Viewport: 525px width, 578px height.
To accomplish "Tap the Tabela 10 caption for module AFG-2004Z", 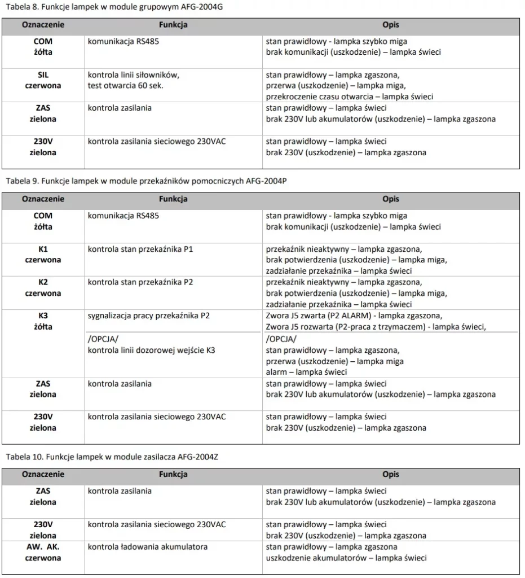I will point(111,457).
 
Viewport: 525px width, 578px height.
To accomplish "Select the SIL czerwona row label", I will point(43,80).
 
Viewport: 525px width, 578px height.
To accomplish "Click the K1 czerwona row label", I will point(43,255).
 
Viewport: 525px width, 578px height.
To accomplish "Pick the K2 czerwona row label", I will point(43,288).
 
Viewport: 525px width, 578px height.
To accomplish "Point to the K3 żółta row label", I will point(43,321).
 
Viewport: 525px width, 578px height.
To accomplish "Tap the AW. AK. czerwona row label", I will point(43,552).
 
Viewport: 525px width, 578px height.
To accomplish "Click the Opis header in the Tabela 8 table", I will point(390,25).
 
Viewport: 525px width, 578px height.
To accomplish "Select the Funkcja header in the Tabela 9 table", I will point(173,199).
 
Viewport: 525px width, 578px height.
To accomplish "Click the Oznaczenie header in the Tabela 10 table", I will point(43,474).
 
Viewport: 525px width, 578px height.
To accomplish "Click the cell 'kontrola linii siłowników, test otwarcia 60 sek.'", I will point(134,80).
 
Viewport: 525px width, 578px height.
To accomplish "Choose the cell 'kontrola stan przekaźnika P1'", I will point(140,249).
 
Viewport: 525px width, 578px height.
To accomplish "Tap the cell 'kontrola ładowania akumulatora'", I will point(148,546).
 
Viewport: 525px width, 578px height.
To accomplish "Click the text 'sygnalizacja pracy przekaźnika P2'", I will point(148,316).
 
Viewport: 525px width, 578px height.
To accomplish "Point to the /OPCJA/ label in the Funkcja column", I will point(103,340).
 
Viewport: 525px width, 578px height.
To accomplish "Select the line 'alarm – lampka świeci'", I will point(306,372).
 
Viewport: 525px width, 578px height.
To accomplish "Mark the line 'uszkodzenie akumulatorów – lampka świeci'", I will point(346,558).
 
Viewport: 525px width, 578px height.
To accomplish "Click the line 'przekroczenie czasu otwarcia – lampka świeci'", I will point(350,97).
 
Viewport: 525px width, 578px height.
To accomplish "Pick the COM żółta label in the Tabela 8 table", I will point(43,47).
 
